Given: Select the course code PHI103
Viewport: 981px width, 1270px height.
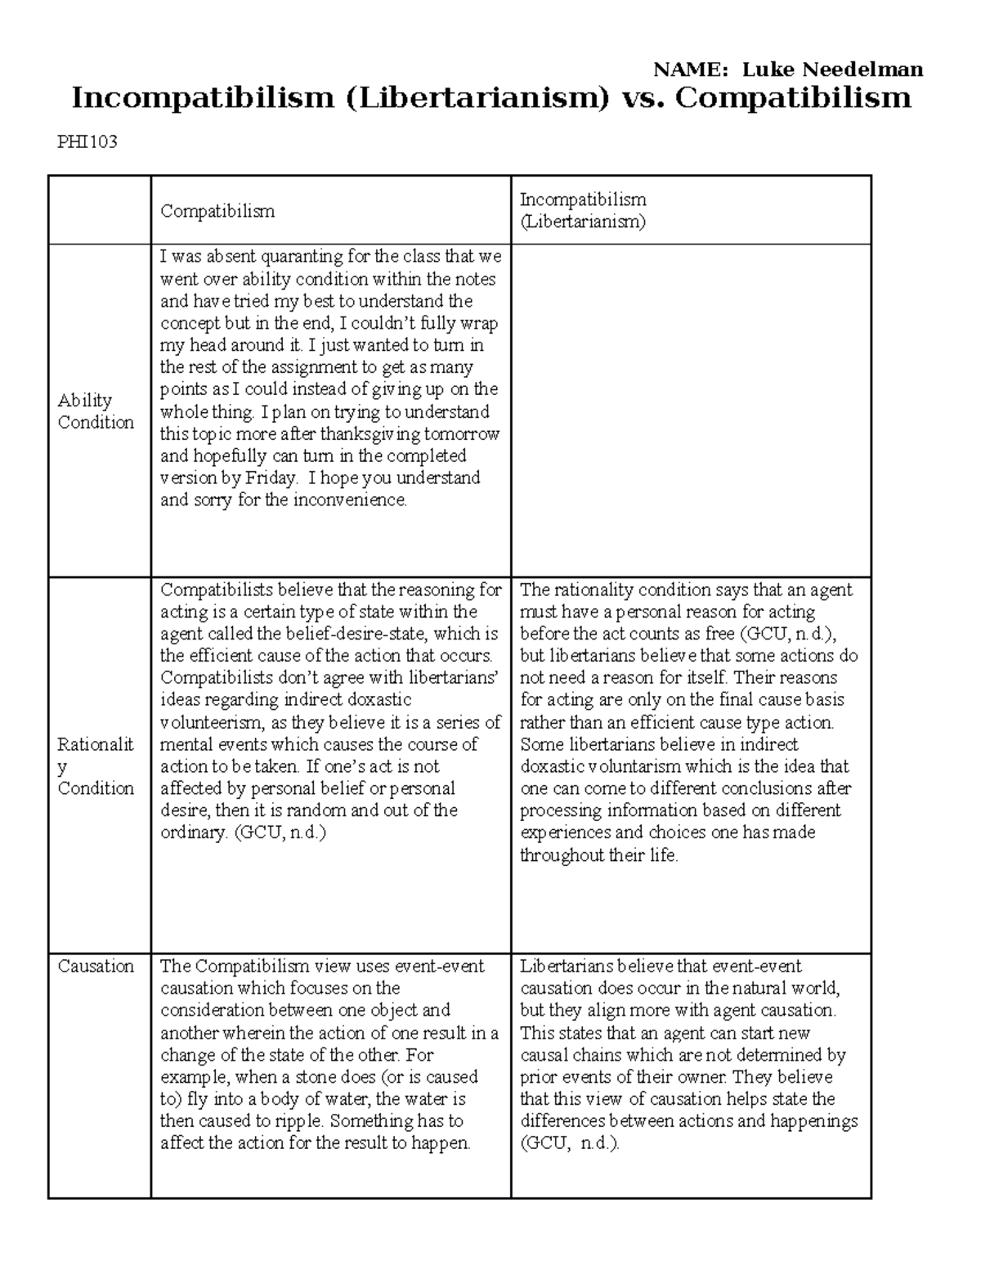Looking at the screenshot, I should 87,142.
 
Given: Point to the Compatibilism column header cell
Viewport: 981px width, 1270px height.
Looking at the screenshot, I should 217,211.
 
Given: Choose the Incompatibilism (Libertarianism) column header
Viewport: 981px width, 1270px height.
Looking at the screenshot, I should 583,210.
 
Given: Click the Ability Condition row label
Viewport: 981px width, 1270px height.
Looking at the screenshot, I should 96,411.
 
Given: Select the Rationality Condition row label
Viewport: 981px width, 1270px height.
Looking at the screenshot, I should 96,766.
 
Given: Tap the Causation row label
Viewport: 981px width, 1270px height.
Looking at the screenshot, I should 96,966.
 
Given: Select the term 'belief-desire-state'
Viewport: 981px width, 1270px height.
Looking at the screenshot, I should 356,633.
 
